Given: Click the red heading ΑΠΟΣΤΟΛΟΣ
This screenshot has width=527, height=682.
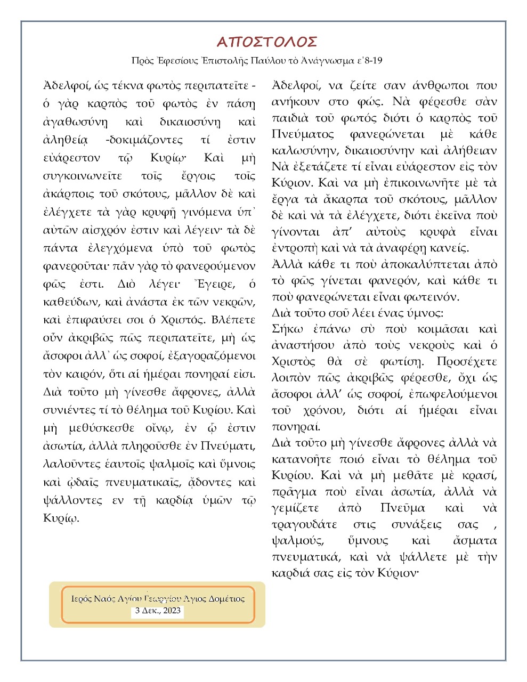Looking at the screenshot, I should click(x=267, y=42).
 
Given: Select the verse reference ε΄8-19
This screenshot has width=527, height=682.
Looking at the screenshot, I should click(x=369, y=61).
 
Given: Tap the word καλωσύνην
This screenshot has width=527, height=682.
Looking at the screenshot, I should click(x=304, y=151).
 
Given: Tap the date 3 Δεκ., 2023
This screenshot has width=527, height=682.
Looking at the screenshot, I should click(x=158, y=611).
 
